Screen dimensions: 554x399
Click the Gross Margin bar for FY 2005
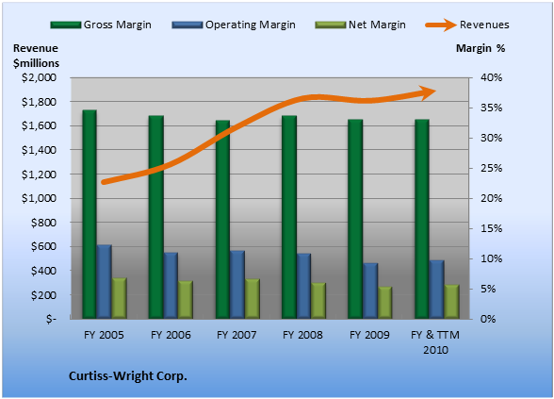click(90, 214)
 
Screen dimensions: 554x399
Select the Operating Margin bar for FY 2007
click(237, 285)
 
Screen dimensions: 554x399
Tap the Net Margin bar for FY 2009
click(384, 303)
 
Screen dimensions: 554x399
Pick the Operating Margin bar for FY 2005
click(105, 282)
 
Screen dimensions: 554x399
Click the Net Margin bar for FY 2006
click(186, 300)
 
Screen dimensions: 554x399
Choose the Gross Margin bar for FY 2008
click(289, 217)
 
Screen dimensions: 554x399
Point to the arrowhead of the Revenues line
click(428, 92)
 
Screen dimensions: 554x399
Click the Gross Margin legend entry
click(101, 25)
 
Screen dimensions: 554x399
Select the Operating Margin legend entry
click(234, 25)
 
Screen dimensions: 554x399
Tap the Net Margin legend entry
click(360, 25)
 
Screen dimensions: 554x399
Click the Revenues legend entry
click(467, 25)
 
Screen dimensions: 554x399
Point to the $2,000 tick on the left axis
click(39, 77)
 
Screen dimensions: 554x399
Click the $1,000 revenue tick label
click(39, 198)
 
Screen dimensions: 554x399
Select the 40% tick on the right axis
click(491, 77)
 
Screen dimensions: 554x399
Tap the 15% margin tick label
click(491, 228)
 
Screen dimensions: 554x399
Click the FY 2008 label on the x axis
click(302, 335)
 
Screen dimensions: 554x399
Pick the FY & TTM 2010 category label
click(435, 342)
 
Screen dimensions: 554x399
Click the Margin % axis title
click(481, 48)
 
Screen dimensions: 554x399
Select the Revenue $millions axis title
click(36, 56)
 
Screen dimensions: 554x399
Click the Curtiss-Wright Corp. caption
click(128, 376)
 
